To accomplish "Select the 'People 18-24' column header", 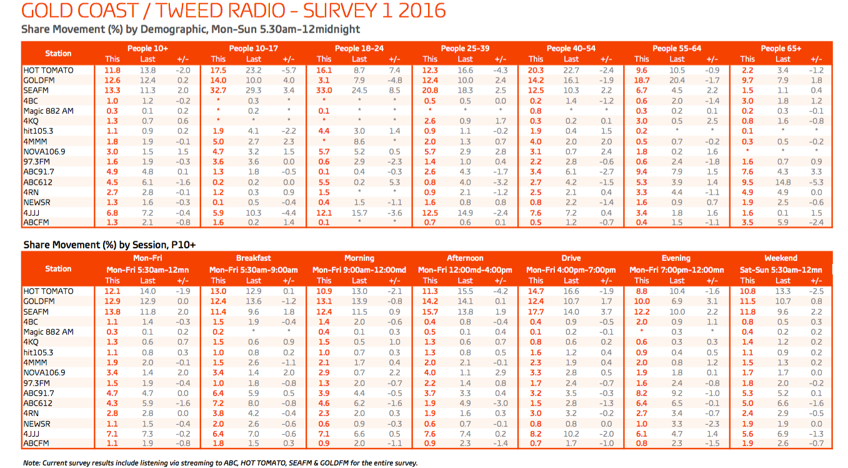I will click(359, 48).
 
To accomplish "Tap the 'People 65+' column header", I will click(781, 48).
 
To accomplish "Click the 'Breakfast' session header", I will click(253, 258).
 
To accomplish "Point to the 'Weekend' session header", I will click(781, 258).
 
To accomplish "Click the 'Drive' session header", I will click(571, 258).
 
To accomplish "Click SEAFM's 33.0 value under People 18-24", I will click(324, 91).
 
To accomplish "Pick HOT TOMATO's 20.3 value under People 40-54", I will click(536, 70).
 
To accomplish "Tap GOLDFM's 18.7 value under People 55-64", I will click(642, 80).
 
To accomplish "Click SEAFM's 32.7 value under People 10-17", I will click(218, 91).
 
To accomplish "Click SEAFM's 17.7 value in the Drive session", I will click(536, 312).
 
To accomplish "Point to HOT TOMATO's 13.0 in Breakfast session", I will click(218, 291).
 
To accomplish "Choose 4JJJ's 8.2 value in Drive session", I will click(536, 434).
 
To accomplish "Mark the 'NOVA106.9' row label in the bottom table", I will click(44, 372).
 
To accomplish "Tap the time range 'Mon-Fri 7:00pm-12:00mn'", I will click(676, 270).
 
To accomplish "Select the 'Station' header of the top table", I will click(58, 53).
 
